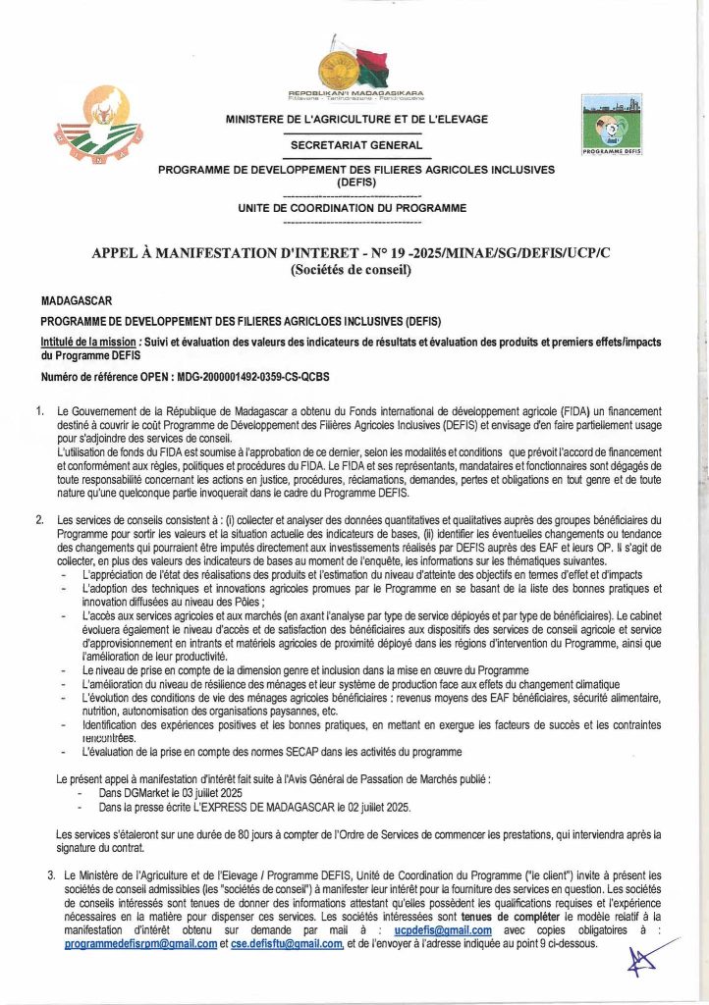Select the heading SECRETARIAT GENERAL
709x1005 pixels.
[x=356, y=144]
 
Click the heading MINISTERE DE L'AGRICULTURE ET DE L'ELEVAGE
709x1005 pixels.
[x=356, y=120]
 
